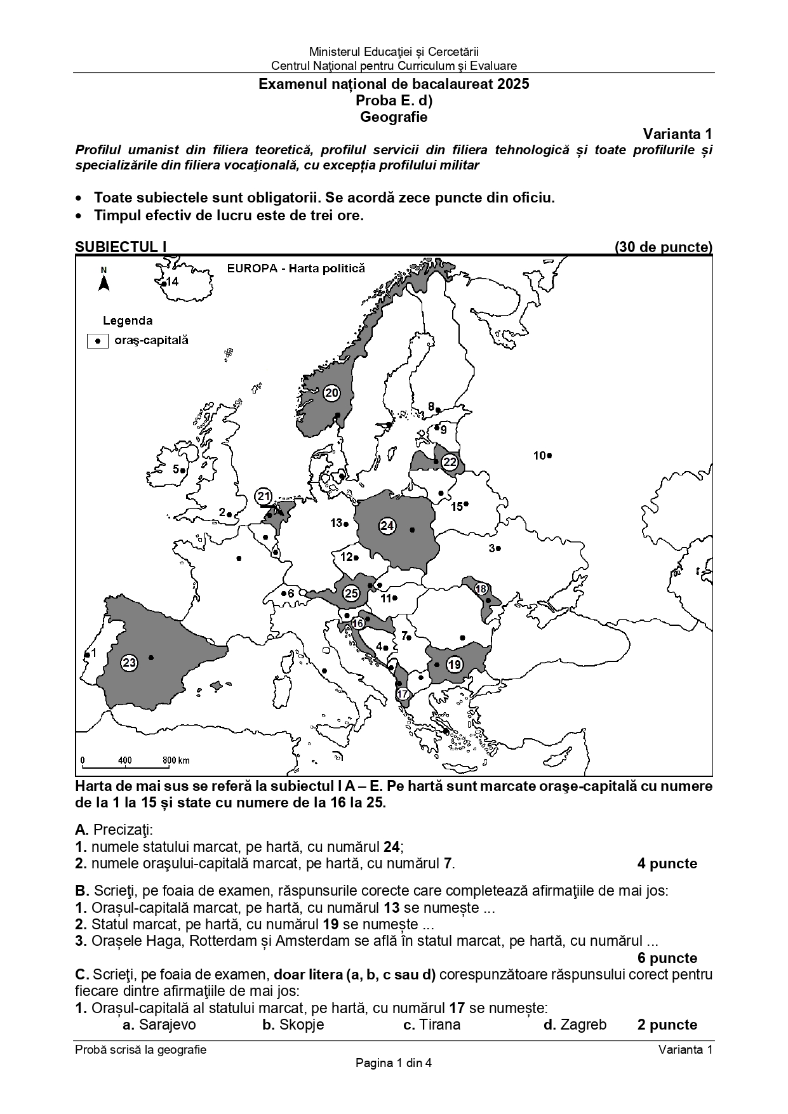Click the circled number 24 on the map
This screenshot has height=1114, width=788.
[x=387, y=526]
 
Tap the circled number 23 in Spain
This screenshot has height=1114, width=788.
[x=129, y=663]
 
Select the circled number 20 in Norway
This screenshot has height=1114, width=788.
[x=331, y=393]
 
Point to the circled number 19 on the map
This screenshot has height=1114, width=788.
[x=454, y=665]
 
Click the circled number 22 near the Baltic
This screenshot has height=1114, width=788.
[x=450, y=461]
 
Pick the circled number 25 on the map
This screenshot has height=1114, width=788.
[x=351, y=593]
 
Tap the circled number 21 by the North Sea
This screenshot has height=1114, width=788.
[x=264, y=496]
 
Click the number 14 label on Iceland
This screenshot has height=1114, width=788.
[x=172, y=282]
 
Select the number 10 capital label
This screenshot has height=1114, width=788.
[x=539, y=455]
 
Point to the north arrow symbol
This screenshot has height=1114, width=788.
[x=104, y=281]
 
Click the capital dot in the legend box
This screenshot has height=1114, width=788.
[x=98, y=341]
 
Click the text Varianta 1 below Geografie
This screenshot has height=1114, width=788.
[x=677, y=134]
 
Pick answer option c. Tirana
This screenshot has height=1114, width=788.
[x=431, y=1024]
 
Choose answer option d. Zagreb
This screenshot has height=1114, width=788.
[x=575, y=1024]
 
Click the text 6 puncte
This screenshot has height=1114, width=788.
[x=667, y=958]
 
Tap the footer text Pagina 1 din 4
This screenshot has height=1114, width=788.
[x=394, y=1063]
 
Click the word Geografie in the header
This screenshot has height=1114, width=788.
[x=394, y=117]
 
